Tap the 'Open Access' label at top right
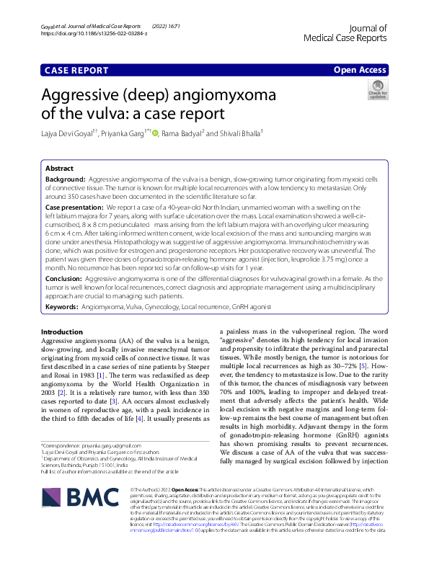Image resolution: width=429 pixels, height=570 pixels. point(359,70)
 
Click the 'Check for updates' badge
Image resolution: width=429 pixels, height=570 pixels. point(378,90)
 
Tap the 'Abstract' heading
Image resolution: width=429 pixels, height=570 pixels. point(59,166)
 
